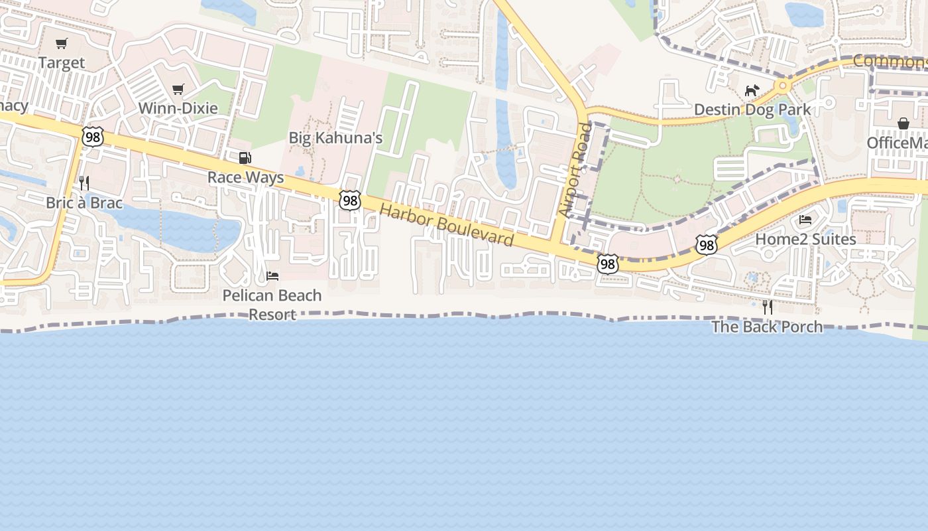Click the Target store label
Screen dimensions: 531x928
pos(62,63)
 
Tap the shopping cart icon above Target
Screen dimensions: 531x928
pos(62,44)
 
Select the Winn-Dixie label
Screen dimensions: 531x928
pos(178,108)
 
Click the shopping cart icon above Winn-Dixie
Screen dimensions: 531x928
pos(178,89)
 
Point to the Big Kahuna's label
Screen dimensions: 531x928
pos(335,138)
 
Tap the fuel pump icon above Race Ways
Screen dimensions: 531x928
pos(245,158)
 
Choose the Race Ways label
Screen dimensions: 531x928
pos(245,177)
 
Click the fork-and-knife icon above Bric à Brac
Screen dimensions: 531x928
pos(84,183)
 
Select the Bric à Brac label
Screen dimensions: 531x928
pos(84,202)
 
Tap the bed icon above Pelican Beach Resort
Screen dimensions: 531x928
pos(272,275)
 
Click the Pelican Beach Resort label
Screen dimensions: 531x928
pos(272,305)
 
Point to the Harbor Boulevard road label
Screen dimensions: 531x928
pos(447,226)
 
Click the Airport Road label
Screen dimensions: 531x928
pos(574,169)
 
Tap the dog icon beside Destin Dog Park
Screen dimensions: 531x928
pos(751,90)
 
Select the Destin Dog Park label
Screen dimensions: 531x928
pos(752,110)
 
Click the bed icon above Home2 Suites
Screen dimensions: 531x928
pos(805,220)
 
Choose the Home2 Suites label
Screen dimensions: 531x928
pos(805,239)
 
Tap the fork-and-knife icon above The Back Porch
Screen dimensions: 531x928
pos(767,307)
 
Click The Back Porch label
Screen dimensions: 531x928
pos(767,327)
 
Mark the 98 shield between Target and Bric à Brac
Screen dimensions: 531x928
pos(93,137)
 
